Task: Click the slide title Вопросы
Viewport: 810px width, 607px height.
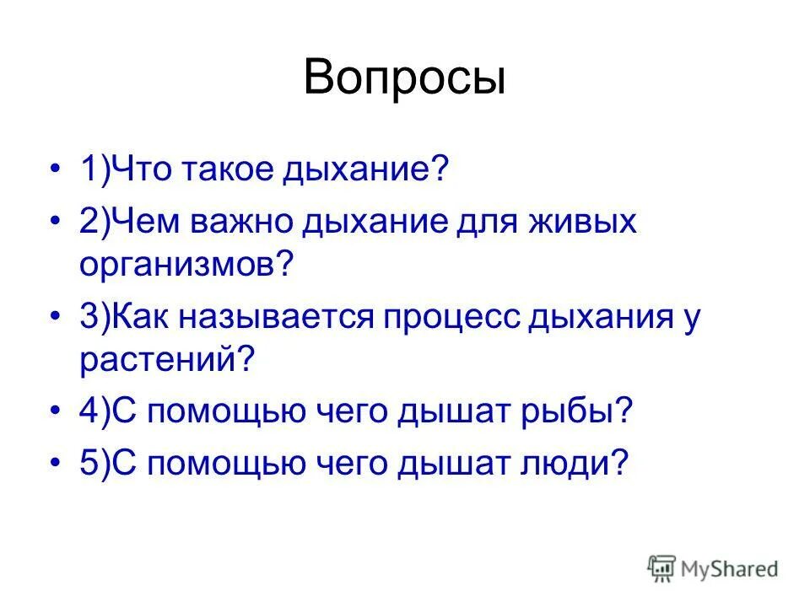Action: point(404,78)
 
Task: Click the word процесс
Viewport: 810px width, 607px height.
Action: point(453,319)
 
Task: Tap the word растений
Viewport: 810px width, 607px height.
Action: point(166,362)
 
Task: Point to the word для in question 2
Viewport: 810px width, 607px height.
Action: point(479,223)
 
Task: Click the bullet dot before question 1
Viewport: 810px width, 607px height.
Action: point(56,171)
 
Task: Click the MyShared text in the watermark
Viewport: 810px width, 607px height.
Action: point(730,569)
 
